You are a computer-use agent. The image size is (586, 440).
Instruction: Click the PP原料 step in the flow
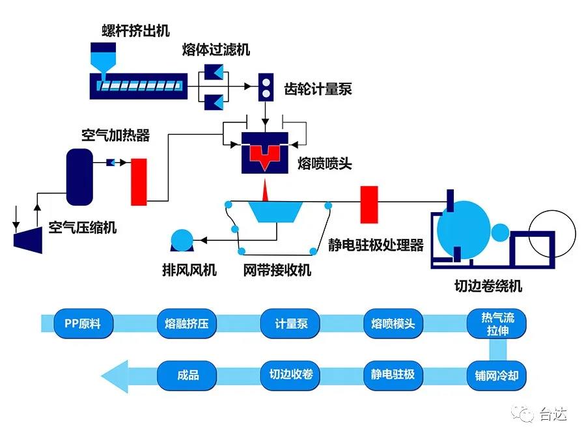(83, 323)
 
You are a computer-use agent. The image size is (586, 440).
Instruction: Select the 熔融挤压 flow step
(187, 323)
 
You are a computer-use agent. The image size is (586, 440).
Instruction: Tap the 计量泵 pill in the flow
(291, 323)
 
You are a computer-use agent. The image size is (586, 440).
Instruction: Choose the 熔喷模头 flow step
(393, 323)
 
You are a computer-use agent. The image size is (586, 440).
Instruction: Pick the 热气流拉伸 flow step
(497, 323)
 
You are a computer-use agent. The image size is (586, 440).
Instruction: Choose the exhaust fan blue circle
(180, 239)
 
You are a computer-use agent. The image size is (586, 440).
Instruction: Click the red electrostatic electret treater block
(369, 203)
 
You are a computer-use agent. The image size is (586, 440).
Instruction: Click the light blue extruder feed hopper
(103, 62)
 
